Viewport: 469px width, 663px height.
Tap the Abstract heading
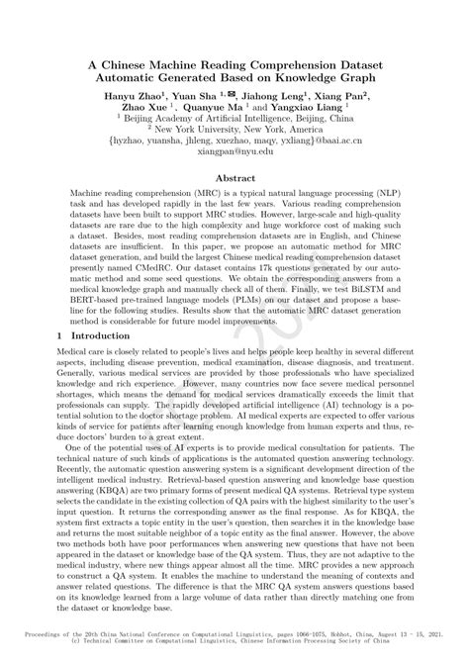click(x=234, y=179)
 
